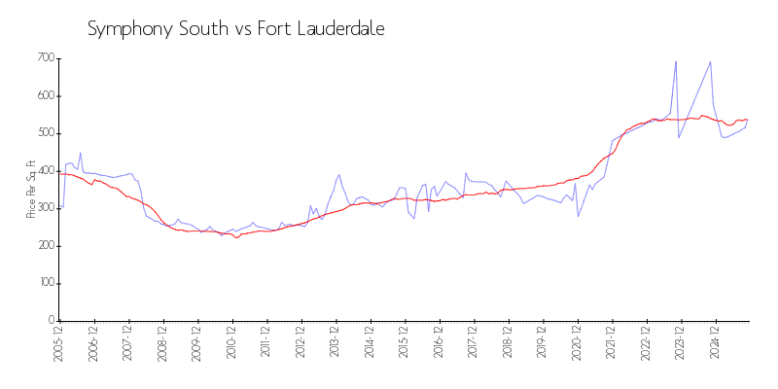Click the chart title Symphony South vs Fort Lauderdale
[x=236, y=29]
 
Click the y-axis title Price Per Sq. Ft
[x=31, y=189]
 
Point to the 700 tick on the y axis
[x=44, y=58]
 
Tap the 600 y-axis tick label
[x=44, y=96]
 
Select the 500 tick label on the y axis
[x=44, y=133]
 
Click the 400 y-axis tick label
[x=44, y=171]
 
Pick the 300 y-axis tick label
[x=44, y=208]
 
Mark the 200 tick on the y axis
[x=44, y=246]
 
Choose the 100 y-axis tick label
[x=44, y=283]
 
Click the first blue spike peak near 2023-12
[x=676, y=61]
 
